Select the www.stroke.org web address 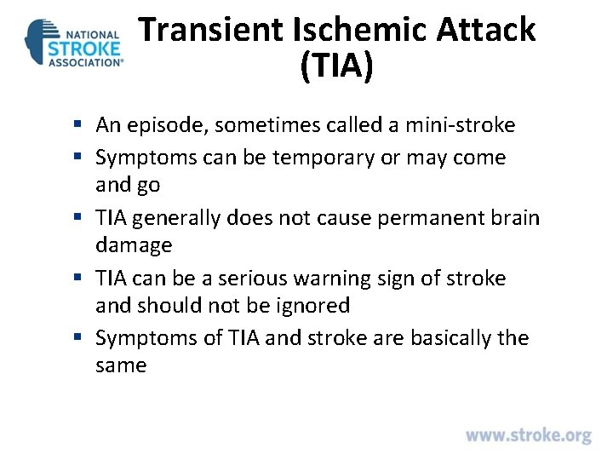(x=528, y=435)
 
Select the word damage (x=134, y=245)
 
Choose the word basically (x=452, y=338)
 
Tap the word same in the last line (x=121, y=365)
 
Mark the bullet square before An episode (x=77, y=126)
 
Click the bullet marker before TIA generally (x=77, y=219)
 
